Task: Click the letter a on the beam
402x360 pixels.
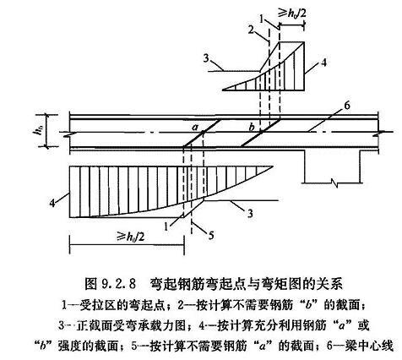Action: (194, 128)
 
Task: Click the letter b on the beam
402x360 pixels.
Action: (252, 127)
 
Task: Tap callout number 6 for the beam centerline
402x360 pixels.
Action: (346, 106)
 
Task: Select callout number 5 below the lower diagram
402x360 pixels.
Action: (211, 235)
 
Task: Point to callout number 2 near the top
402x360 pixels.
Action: (251, 30)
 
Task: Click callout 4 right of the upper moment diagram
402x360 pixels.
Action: (324, 63)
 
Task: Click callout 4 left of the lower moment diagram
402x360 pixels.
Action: (52, 203)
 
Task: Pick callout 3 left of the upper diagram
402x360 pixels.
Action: (206, 59)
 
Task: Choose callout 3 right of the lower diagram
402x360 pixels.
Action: (250, 213)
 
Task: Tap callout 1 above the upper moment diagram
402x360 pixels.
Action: (262, 19)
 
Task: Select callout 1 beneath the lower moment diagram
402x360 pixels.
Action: (166, 226)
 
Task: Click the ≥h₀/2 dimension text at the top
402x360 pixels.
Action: (292, 14)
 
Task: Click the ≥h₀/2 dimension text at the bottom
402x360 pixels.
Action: (130, 237)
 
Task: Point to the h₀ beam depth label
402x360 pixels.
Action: (41, 130)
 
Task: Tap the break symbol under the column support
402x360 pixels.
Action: (334, 183)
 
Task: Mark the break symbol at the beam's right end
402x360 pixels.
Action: (379, 132)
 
